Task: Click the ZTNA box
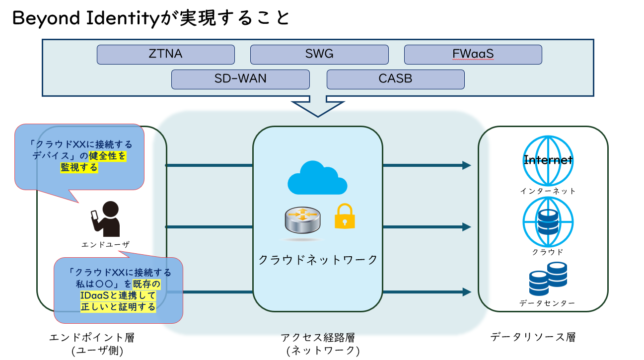[x=166, y=54]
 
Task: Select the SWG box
[x=319, y=54]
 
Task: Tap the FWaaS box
[x=473, y=54]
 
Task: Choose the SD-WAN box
[x=240, y=79]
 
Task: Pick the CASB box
[x=395, y=79]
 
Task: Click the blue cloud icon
[x=317, y=178]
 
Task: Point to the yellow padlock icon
[x=345, y=216]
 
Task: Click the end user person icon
[x=105, y=219]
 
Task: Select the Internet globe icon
[x=548, y=160]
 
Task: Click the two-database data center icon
[x=548, y=279]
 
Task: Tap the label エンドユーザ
[x=105, y=244]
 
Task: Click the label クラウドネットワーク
[x=318, y=260]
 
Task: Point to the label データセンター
[x=547, y=303]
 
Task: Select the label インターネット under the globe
[x=548, y=191]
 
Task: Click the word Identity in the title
[x=123, y=18]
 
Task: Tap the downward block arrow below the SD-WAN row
[x=318, y=106]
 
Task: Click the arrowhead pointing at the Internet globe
[x=467, y=165]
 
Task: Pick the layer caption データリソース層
[x=533, y=337]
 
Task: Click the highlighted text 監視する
[x=79, y=167]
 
